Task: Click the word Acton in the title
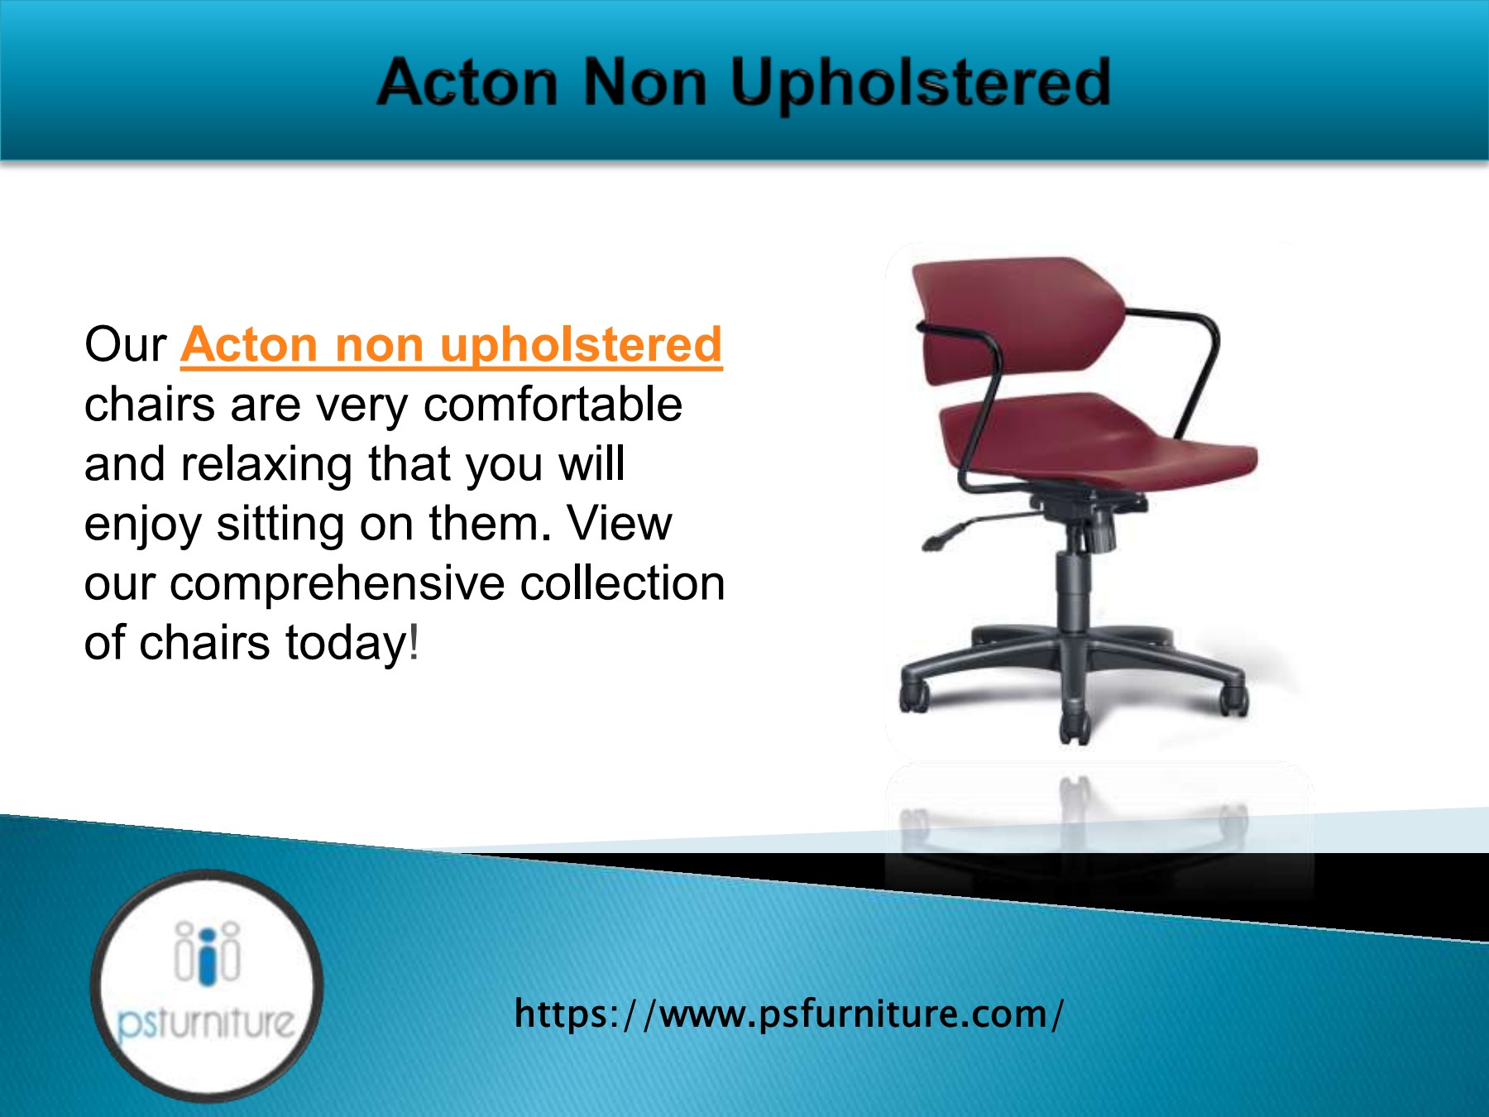point(467,83)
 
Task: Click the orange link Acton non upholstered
point(452,344)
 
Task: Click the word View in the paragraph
point(619,524)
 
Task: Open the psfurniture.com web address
point(788,1014)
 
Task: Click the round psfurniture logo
point(206,985)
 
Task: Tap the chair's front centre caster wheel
point(1074,728)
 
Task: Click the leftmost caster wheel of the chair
point(914,698)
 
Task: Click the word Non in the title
point(644,83)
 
